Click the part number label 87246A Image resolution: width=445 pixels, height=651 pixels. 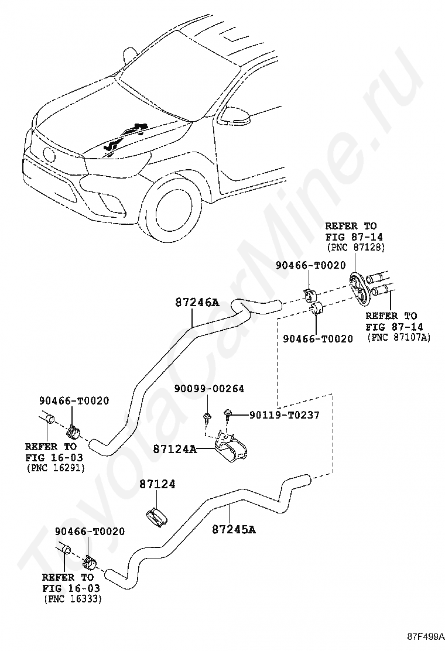197,303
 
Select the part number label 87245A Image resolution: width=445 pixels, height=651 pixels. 234,529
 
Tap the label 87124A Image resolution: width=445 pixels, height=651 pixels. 174,449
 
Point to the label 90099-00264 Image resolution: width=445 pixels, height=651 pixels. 209,389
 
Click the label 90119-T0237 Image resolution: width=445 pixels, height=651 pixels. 285,414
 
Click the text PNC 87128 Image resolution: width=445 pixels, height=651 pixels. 356,248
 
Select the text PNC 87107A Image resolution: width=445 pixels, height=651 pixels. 399,338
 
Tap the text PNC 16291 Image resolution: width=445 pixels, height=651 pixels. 56,468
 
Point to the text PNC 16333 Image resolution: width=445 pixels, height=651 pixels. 73,599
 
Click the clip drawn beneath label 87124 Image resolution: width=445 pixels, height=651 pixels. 156,516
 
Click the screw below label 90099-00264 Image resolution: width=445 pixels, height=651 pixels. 206,417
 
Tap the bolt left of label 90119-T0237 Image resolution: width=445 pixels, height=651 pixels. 227,414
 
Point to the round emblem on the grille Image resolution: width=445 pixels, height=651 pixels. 49,156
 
